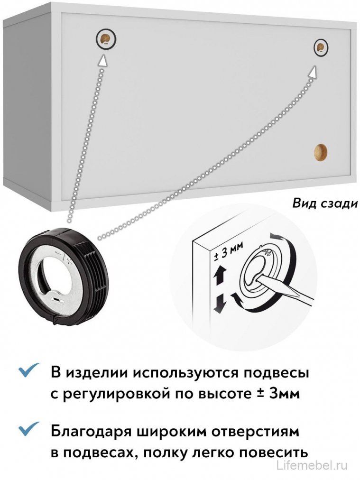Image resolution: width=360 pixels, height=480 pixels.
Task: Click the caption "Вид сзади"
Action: [x=324, y=203]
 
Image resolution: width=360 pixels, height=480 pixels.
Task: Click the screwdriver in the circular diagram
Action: [x=285, y=290]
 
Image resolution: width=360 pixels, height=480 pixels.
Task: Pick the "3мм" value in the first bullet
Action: [x=284, y=393]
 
